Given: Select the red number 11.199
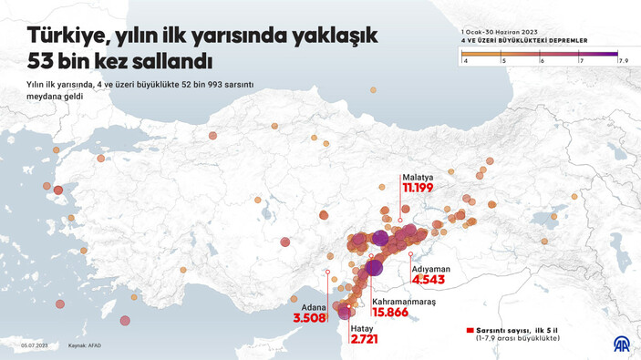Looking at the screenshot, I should pos(418,189).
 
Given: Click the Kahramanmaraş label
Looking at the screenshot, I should pos(404,301).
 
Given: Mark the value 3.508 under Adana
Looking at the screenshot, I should pos(309,319).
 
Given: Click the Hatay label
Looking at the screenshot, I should pos(363,327).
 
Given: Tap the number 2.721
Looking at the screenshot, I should pos(364,339).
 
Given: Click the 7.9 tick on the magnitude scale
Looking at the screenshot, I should pos(625,60).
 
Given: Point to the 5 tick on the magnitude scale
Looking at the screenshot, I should pos(504,60).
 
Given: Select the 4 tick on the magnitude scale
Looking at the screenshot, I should pos(466,60).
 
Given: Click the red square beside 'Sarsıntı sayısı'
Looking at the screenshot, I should pos(470,331).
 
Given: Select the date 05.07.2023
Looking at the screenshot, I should pos(35,345).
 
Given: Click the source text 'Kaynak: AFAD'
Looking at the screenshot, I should pos(84,345).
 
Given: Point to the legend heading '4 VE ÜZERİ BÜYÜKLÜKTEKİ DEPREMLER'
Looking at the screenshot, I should pos(524,41).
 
